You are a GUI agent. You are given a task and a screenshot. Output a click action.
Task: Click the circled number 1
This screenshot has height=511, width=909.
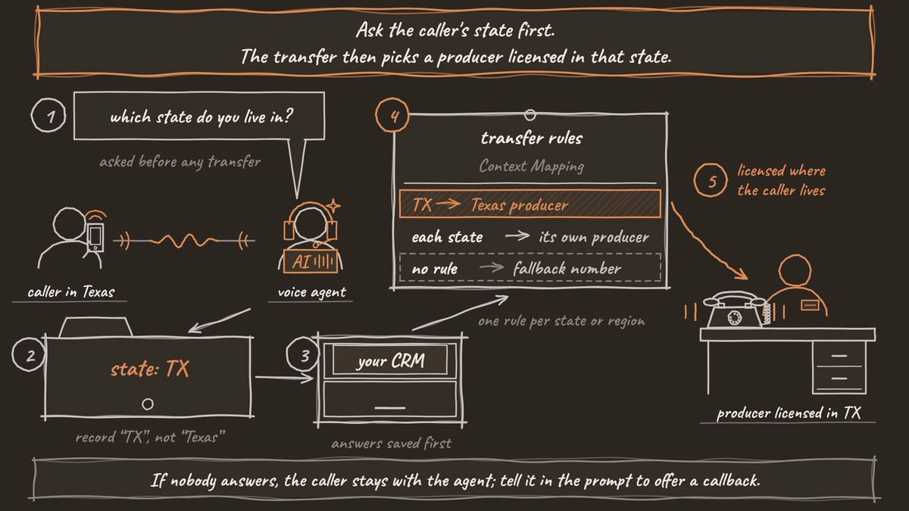(48, 115)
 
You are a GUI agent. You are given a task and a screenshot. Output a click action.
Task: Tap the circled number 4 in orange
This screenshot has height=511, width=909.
(392, 115)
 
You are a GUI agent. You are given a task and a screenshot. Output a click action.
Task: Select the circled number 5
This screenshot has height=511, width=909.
(711, 180)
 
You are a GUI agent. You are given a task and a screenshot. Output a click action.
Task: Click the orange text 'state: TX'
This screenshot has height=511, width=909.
(150, 369)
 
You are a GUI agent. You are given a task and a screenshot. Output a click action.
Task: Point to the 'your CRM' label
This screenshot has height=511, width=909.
(390, 360)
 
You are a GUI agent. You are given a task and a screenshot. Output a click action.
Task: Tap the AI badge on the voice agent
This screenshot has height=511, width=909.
(311, 262)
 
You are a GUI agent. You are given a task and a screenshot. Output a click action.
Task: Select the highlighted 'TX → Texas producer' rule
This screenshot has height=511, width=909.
(530, 204)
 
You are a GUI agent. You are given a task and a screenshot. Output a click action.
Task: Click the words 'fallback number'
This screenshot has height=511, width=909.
(567, 268)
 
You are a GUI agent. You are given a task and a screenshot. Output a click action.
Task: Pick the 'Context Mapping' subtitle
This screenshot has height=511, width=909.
(532, 166)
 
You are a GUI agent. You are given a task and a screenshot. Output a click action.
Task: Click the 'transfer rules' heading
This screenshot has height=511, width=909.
(532, 139)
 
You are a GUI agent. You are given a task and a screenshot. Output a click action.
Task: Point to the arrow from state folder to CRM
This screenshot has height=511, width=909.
(285, 378)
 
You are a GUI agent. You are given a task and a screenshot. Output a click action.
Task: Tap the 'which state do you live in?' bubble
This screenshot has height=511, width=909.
(199, 116)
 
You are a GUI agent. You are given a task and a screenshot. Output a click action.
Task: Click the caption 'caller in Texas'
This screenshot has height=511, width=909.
(71, 292)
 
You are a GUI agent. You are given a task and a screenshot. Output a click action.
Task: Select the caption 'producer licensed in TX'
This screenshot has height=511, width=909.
(789, 413)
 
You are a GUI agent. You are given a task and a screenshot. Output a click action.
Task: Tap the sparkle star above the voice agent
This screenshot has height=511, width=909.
(333, 206)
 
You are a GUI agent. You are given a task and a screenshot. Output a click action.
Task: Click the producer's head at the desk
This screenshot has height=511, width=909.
(795, 270)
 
